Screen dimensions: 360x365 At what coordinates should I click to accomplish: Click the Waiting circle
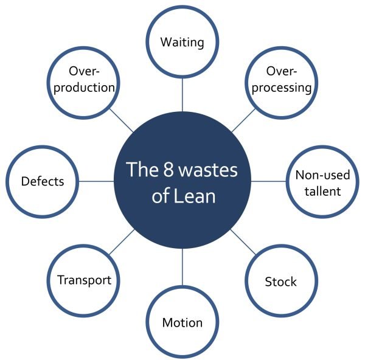pyautogui.click(x=182, y=43)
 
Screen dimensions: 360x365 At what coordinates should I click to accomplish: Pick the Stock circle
pyautogui.click(x=280, y=282)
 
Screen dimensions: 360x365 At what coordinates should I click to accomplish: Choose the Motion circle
pyautogui.click(x=182, y=322)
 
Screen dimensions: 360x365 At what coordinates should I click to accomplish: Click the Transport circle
pyautogui.click(x=84, y=280)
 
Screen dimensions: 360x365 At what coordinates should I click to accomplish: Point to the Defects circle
pyautogui.click(x=42, y=181)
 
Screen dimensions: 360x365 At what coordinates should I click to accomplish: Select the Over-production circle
pyautogui.click(x=84, y=81)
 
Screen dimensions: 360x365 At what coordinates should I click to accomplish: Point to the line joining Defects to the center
pyautogui.click(x=97, y=181)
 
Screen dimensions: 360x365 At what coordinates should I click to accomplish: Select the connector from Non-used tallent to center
pyautogui.click(x=268, y=181)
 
